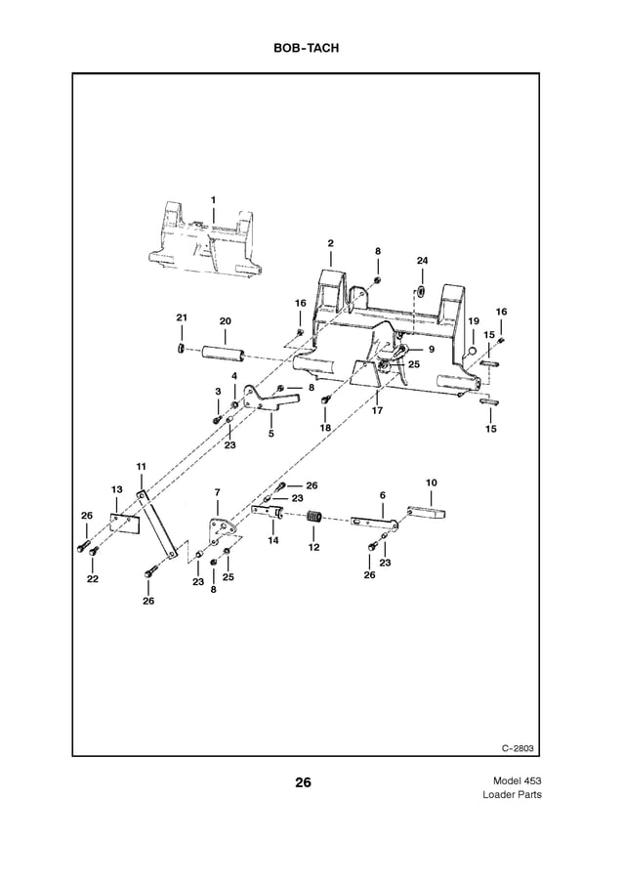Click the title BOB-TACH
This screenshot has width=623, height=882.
(x=311, y=46)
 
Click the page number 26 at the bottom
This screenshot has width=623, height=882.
(x=303, y=782)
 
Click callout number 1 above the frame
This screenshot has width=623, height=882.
(x=213, y=199)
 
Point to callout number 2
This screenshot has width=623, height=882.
(x=330, y=243)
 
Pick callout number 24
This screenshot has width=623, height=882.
(x=422, y=261)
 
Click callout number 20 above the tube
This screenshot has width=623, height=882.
(x=225, y=320)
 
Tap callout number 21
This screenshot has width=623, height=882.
(x=181, y=318)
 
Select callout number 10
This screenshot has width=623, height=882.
(x=432, y=483)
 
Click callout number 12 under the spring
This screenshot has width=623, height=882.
(x=314, y=547)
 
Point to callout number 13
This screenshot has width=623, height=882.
(x=116, y=488)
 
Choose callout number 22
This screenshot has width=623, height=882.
(x=92, y=578)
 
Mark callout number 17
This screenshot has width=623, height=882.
(x=377, y=410)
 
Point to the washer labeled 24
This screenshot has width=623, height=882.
(x=421, y=292)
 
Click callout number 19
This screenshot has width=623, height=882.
(x=473, y=321)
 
